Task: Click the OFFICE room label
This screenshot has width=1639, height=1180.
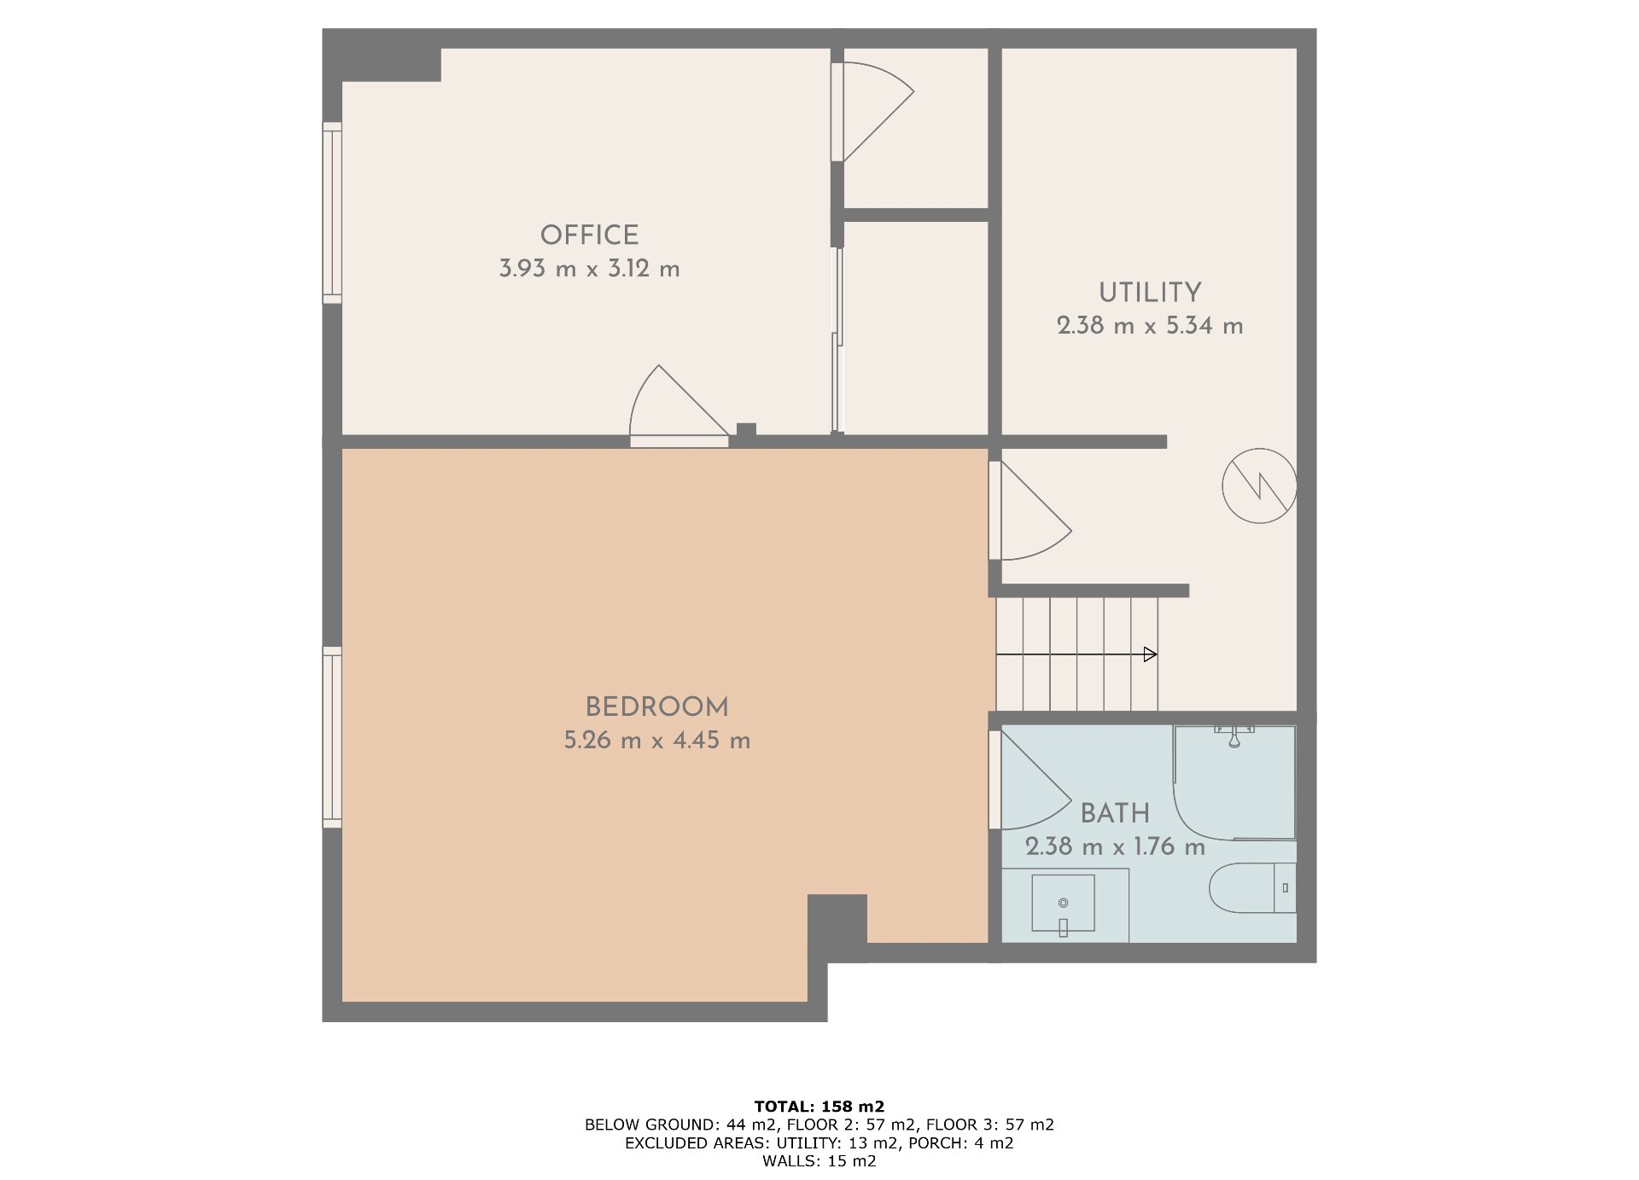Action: point(589,235)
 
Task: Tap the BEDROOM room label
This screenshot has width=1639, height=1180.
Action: point(656,706)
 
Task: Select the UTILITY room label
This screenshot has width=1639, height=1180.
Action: point(1150,292)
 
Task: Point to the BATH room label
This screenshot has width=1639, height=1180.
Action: point(1115,813)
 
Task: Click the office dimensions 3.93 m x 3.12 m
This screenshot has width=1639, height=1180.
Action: point(589,269)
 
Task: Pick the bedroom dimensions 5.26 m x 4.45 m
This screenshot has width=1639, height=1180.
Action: point(656,741)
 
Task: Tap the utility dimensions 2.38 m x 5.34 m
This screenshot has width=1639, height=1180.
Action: point(1150,326)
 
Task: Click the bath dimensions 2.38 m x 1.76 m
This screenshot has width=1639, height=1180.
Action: point(1115,846)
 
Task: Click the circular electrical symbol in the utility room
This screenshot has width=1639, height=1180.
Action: point(1259,485)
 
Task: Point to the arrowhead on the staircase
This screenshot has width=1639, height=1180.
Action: point(1151,654)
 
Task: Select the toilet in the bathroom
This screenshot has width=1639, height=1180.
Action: point(1252,887)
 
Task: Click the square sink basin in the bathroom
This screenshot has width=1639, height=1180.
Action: point(1063,903)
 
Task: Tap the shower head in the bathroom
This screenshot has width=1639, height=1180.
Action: point(1234,736)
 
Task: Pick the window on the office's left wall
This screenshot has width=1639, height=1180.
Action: point(332,212)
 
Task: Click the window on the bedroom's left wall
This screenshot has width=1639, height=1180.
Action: point(332,737)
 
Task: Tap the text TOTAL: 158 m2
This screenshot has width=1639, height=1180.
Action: point(819,1107)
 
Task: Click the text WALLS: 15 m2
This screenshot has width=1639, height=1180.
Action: point(819,1160)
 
